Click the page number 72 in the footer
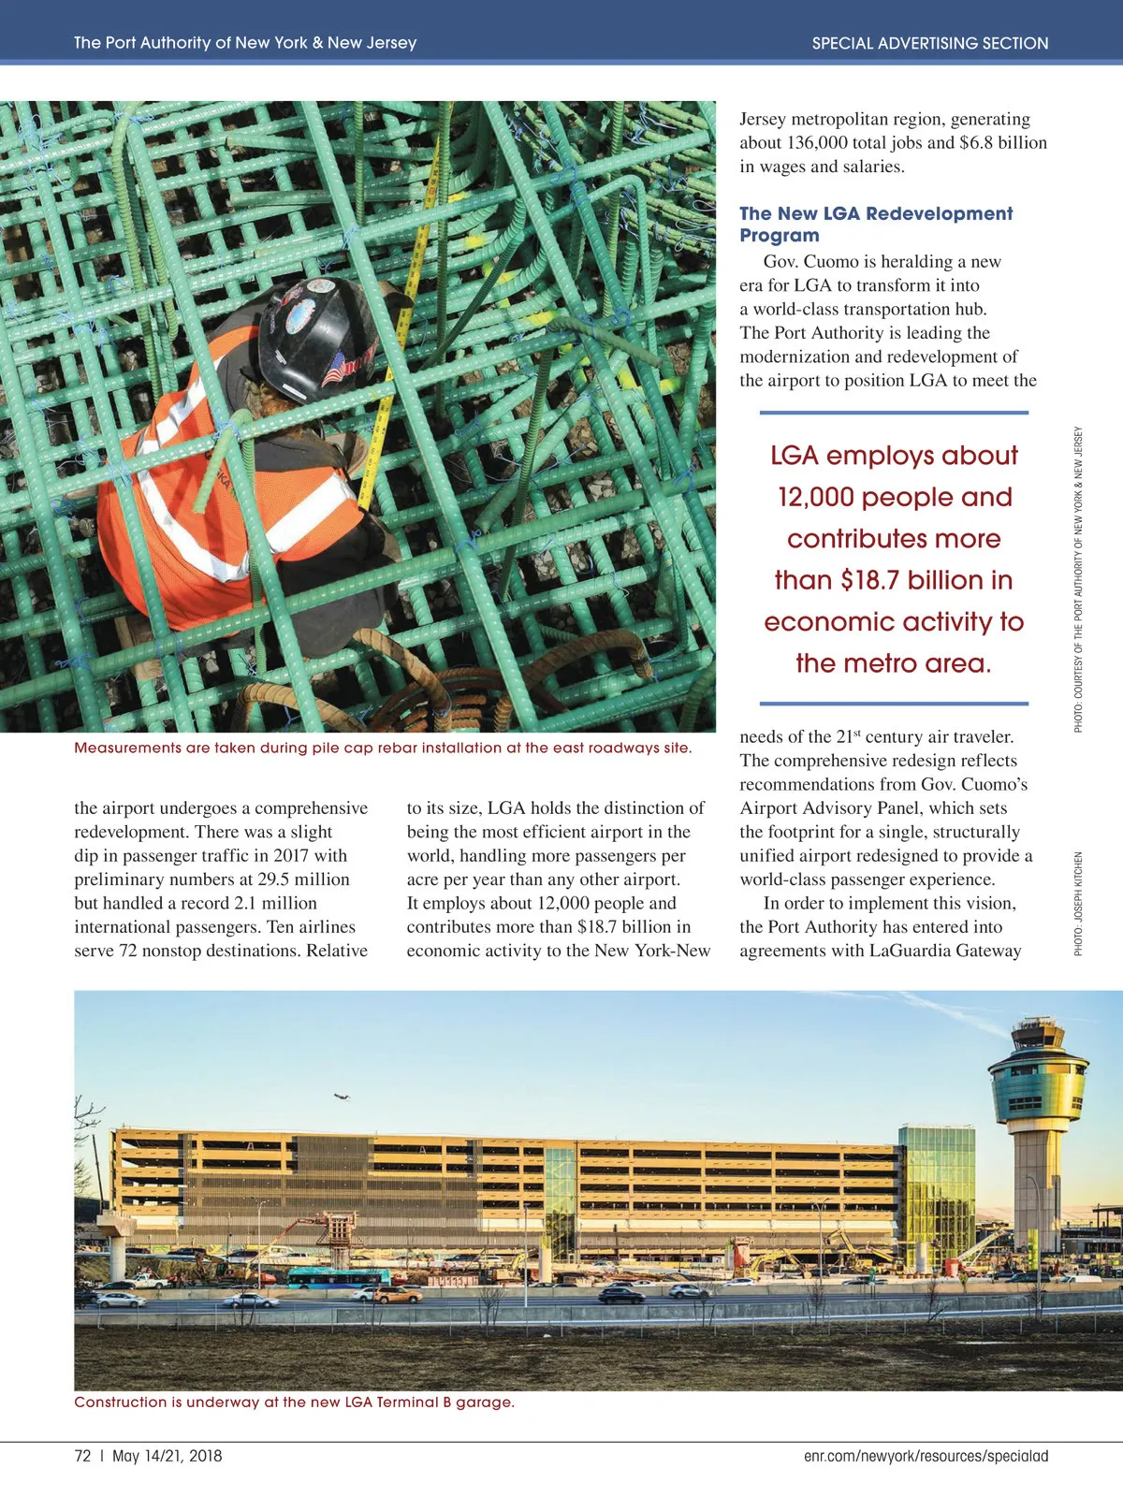pos(82,1456)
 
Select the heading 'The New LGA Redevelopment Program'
pos(875,225)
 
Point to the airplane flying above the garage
pos(343,1096)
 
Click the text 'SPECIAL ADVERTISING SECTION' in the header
pos(929,43)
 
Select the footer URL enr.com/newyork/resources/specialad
pos(926,1456)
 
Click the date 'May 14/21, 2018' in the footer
pos(168,1456)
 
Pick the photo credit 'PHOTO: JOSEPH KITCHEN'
pos(1078,903)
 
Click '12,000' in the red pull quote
pos(815,497)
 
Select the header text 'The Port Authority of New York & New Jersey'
pos(245,43)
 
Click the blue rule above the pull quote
pos(894,412)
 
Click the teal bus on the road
pos(338,1278)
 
